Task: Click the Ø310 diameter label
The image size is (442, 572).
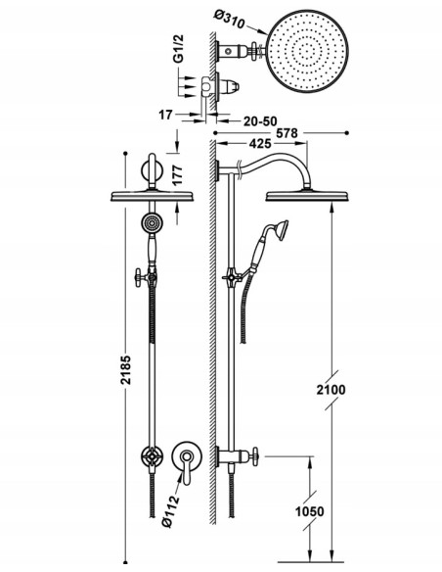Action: (x=229, y=20)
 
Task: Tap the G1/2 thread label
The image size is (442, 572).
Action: (x=178, y=49)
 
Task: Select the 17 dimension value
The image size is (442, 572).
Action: (x=165, y=115)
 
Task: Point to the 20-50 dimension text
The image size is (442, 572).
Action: (x=260, y=121)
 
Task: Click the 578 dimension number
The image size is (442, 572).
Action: (x=287, y=133)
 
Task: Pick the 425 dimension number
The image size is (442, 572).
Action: (x=260, y=144)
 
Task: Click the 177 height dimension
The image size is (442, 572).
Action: (x=177, y=175)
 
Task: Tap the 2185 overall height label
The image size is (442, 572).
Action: (x=126, y=370)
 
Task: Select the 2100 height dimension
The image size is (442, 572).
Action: (x=331, y=390)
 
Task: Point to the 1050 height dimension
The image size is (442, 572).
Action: (x=309, y=511)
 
